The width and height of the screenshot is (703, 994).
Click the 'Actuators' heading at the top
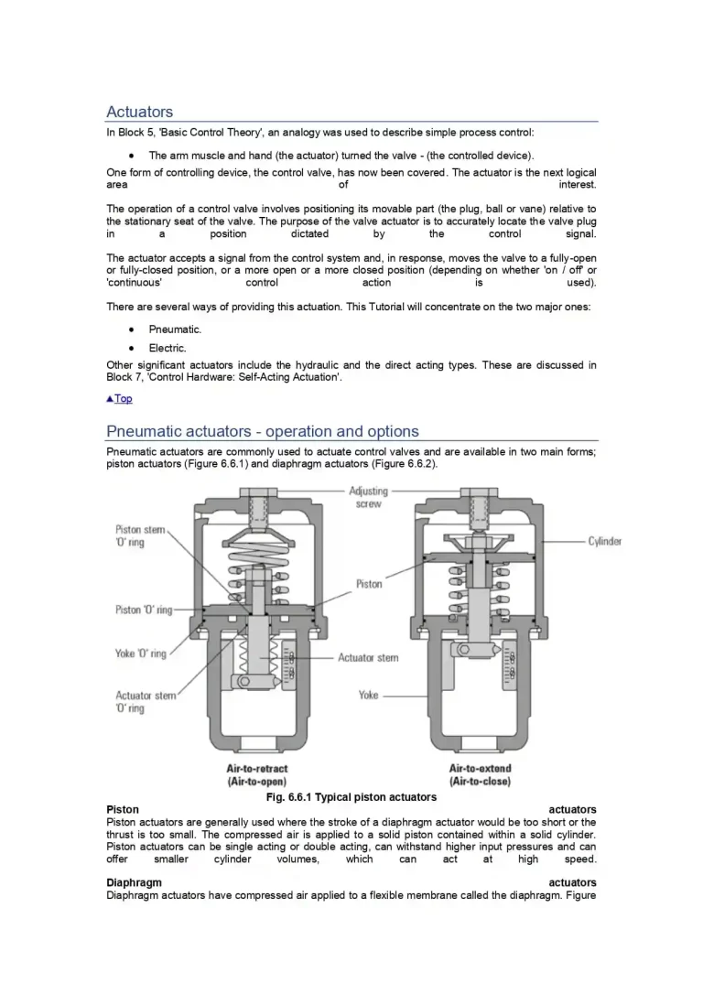[139, 113]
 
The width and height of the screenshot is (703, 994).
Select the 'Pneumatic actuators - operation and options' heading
[262, 431]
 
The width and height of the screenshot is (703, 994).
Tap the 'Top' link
[120, 399]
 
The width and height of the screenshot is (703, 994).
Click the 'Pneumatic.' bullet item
[175, 330]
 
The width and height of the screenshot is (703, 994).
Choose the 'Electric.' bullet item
[168, 349]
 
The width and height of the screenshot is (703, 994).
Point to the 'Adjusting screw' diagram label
[369, 497]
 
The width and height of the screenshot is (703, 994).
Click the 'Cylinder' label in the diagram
[604, 541]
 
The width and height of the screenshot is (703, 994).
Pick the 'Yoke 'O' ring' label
[141, 654]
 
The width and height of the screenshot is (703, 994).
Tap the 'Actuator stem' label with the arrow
[368, 657]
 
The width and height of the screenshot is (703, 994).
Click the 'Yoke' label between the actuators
[368, 695]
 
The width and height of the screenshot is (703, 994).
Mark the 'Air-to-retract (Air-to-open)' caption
[257, 775]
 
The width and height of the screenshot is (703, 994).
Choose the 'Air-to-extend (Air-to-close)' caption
[480, 775]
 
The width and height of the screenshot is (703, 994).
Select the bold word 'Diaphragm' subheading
[134, 882]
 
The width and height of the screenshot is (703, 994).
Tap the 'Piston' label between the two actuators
[369, 584]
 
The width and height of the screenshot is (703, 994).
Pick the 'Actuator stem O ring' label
[146, 702]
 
